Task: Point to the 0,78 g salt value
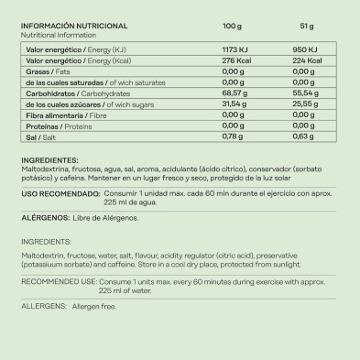235,138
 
